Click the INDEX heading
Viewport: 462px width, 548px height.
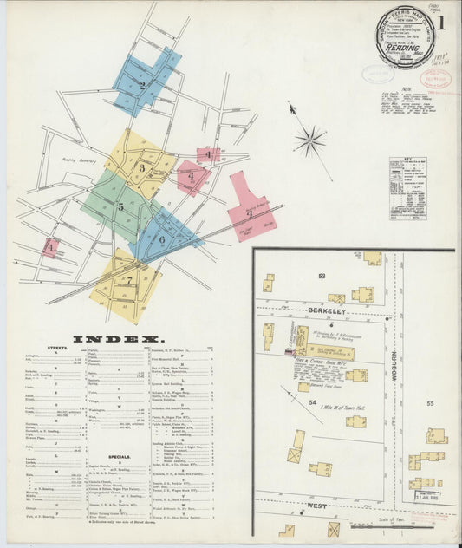(117, 339)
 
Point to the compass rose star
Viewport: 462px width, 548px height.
(309, 140)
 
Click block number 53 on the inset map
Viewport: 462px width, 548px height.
(321, 276)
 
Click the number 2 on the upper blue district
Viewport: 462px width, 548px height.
(142, 85)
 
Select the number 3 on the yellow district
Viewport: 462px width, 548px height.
(141, 167)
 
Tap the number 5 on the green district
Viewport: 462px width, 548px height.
(120, 206)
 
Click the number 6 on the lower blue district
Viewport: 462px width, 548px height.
(161, 239)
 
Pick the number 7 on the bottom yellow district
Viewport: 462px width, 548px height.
(128, 281)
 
